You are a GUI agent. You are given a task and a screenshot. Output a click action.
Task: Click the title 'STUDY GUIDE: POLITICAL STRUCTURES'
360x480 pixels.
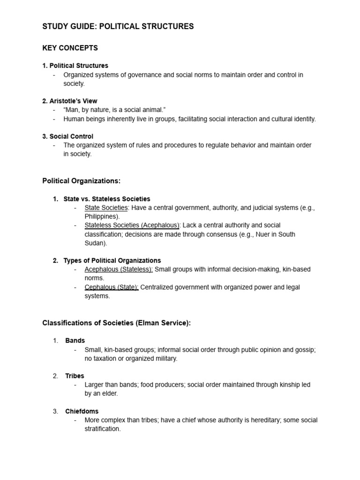[x=118, y=27]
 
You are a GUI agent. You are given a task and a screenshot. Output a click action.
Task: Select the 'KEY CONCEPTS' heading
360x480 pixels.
[x=70, y=48]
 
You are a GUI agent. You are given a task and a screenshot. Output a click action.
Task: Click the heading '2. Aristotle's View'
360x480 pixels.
[x=70, y=101]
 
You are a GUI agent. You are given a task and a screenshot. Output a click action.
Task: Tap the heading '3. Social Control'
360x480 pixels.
[x=67, y=136]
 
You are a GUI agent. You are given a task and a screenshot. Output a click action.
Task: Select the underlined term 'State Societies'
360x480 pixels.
[x=106, y=208]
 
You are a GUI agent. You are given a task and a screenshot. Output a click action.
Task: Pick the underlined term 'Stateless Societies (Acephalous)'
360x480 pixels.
[x=132, y=225]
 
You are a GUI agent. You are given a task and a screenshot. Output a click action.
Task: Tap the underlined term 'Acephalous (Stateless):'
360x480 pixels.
[x=119, y=270]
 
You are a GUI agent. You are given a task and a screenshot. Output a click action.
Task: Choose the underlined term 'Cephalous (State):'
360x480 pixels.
[x=112, y=287]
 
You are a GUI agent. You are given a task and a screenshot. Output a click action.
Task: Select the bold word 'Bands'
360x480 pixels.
[x=75, y=341]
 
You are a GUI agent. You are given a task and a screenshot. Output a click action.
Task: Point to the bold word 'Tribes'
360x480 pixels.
[x=75, y=376]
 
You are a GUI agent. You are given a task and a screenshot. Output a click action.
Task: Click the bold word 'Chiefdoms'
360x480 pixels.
[x=82, y=411]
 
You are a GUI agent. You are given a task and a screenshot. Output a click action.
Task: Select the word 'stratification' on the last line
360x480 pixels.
[x=102, y=429]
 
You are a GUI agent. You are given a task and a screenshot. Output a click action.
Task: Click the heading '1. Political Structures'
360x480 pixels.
[x=75, y=66]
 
